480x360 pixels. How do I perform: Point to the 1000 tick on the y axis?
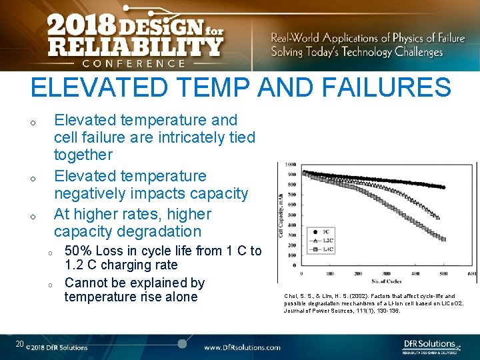pos(291,165)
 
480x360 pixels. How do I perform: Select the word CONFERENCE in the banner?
pos(133,63)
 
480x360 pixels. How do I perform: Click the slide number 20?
pos(19,344)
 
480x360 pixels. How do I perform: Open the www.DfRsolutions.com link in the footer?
pos(241,347)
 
